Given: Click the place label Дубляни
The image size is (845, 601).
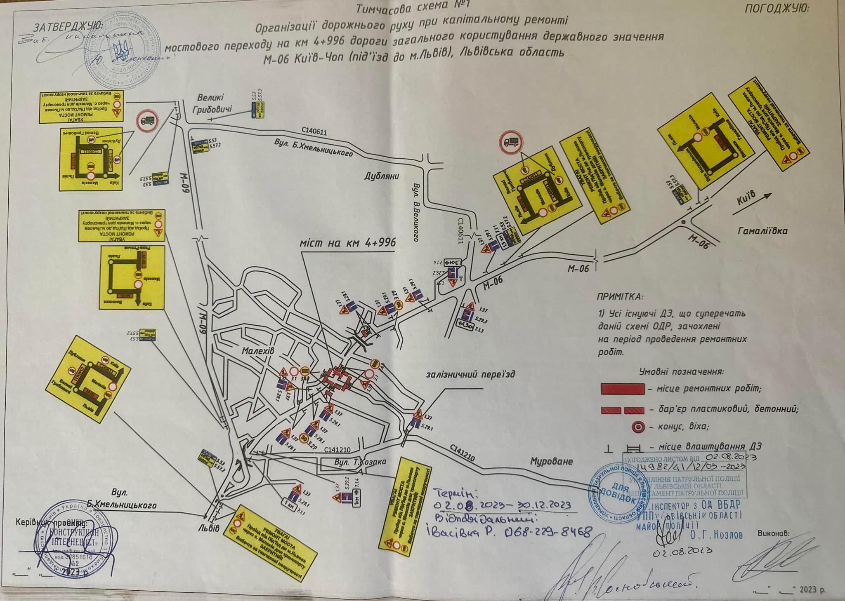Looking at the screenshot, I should point(381,176).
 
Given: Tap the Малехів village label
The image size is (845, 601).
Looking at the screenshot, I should point(258,350).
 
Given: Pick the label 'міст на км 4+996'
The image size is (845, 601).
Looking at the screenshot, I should point(348,242).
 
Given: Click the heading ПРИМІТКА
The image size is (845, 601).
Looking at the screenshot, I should point(619,296).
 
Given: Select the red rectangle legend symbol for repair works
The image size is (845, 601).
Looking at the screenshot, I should point(622,388).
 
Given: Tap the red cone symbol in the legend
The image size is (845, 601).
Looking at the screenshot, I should point(638,427).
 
